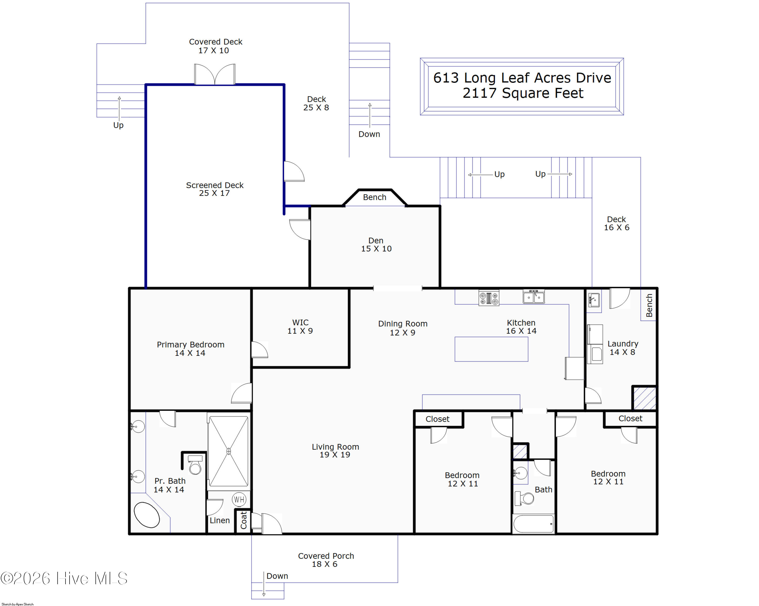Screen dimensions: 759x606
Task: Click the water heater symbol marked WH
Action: (x=239, y=499)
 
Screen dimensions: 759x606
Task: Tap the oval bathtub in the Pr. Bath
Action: (x=147, y=515)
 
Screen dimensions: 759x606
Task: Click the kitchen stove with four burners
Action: (x=489, y=298)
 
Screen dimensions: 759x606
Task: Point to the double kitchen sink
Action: (x=534, y=296)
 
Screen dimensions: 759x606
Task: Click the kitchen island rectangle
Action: (x=491, y=349)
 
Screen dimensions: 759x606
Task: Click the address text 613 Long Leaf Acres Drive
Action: (x=522, y=78)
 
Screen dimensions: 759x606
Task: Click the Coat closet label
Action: (x=243, y=520)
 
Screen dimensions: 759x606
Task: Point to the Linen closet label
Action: (x=220, y=520)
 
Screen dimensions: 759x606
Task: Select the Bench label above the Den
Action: (x=375, y=197)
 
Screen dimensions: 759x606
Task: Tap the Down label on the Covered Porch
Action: (x=277, y=576)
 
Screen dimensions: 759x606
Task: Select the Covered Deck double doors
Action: (x=215, y=74)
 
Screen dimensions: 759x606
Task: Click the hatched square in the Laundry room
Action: (x=644, y=398)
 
